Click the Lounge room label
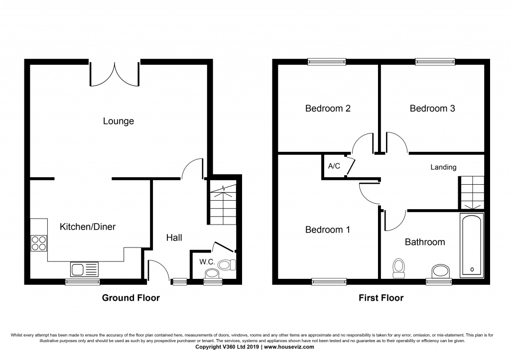(x=119, y=121)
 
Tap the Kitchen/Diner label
(x=88, y=227)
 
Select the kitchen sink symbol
(x=85, y=269)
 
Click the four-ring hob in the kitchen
(x=39, y=242)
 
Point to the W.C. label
(x=207, y=262)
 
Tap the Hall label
(x=174, y=238)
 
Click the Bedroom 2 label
(x=328, y=109)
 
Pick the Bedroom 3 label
(x=432, y=109)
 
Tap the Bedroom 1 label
(x=328, y=230)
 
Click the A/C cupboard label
(x=334, y=166)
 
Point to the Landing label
(x=443, y=167)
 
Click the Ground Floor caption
(x=131, y=298)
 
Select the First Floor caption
(x=381, y=298)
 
